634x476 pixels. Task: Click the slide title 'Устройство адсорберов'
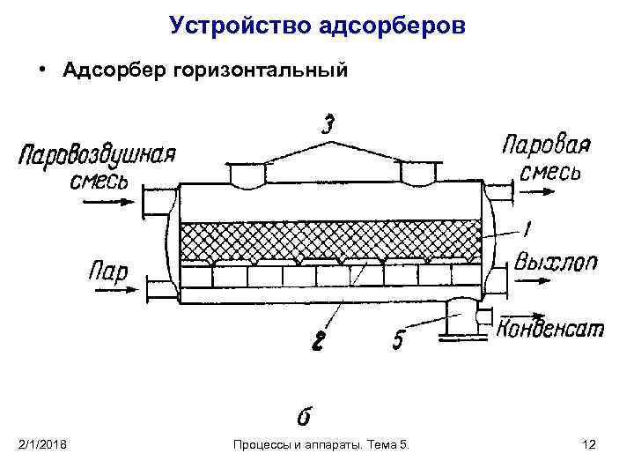[317, 26]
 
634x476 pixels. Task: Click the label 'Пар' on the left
[107, 269]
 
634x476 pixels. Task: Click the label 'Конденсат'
[551, 328]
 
